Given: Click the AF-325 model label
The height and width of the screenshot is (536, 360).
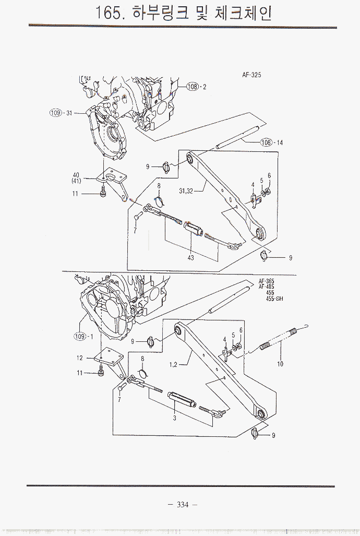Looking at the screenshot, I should point(251,75).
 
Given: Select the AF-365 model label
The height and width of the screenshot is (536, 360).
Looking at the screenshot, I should point(266,281).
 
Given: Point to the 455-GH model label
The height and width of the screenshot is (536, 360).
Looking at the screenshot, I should point(270,299).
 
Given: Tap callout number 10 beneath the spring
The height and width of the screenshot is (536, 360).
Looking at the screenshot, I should point(280,364).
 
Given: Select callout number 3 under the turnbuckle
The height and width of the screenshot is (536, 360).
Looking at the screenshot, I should point(174,418).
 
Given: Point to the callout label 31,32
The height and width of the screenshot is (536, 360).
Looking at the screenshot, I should point(186,192).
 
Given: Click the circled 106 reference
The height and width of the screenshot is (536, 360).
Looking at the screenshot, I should point(267,142).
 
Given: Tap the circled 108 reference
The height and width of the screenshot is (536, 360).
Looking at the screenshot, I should point(193,87).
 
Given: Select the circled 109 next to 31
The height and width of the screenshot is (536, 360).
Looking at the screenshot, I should point(55,113).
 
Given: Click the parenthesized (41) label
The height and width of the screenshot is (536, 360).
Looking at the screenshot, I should point(76,181).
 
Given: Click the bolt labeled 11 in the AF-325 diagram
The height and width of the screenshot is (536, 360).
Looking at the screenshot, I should point(102,194).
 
